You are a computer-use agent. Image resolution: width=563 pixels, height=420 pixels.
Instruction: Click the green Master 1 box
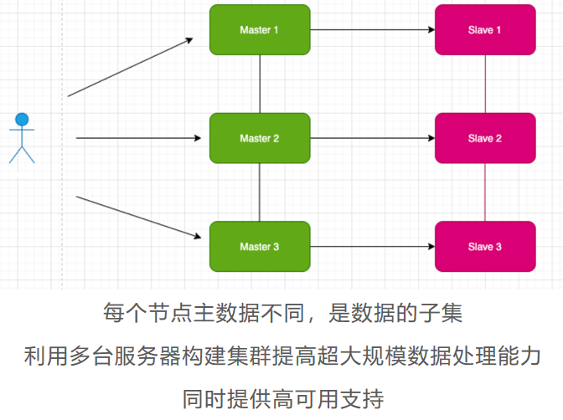[260, 30]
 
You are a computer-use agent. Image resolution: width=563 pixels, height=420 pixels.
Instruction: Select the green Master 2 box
[260, 138]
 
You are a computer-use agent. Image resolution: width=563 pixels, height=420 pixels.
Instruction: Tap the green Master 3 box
[260, 247]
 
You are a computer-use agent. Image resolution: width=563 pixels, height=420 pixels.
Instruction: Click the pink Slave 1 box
[485, 30]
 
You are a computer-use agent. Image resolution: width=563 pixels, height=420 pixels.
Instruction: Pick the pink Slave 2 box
[485, 138]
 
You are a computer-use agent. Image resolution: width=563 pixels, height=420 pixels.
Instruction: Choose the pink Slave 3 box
[485, 247]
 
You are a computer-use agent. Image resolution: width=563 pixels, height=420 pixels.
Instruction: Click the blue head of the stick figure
[22, 120]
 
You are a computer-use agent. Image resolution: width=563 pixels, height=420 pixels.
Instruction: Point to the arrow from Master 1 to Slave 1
[373, 30]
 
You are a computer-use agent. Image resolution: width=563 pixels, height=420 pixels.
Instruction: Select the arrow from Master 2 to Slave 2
[373, 138]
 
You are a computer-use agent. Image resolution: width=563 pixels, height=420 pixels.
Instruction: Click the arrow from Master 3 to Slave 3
[373, 247]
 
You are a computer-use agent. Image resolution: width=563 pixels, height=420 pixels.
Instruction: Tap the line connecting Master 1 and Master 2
[260, 84]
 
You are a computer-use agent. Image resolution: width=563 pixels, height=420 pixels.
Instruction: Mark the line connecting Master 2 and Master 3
[260, 192]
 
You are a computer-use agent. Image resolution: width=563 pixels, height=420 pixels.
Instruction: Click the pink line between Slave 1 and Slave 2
[485, 84]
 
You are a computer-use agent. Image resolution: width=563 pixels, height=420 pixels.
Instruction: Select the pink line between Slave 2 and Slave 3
[485, 192]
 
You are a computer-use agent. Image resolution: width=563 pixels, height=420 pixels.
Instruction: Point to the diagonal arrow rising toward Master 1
[131, 67]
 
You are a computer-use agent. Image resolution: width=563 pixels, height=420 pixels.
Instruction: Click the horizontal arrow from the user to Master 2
[138, 138]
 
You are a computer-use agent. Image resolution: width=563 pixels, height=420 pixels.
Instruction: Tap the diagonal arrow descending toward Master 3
[138, 217]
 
